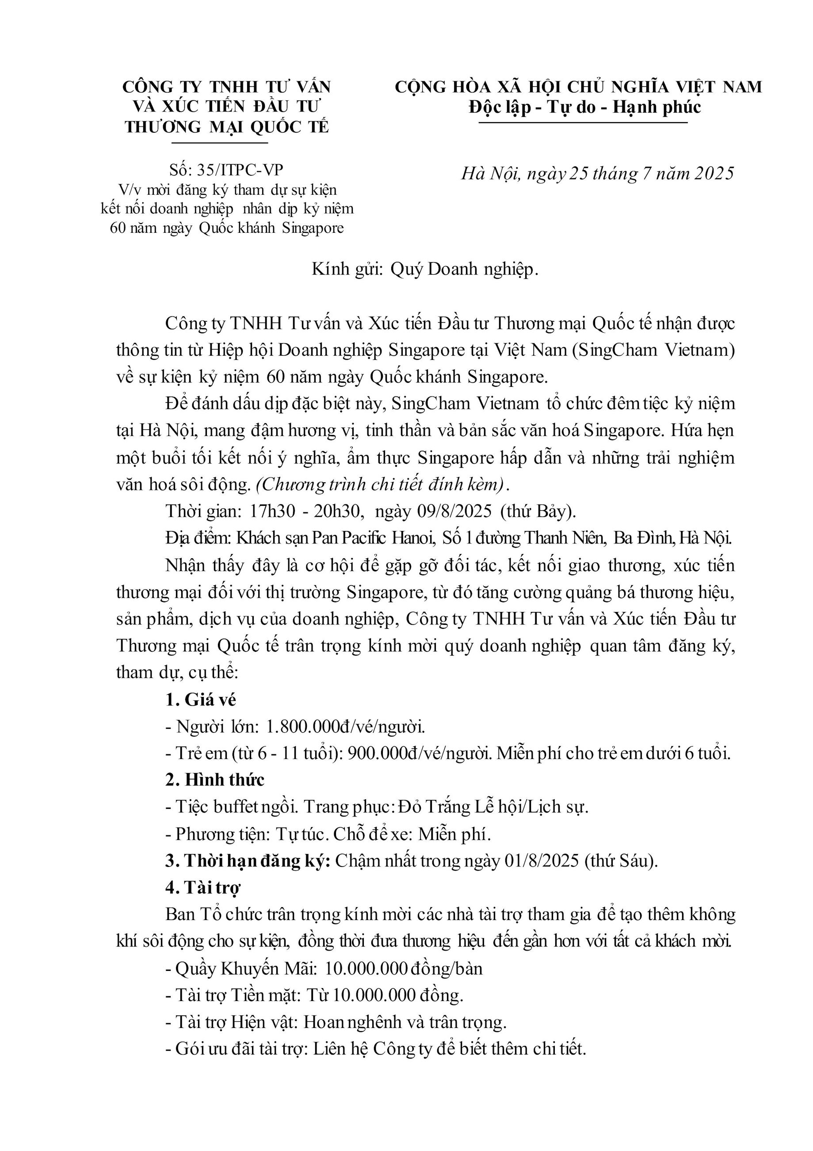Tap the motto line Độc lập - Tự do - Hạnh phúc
(x=584, y=107)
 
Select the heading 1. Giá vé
(x=200, y=700)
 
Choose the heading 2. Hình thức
(x=215, y=780)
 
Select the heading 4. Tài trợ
(x=203, y=887)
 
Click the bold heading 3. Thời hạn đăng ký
(x=248, y=860)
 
